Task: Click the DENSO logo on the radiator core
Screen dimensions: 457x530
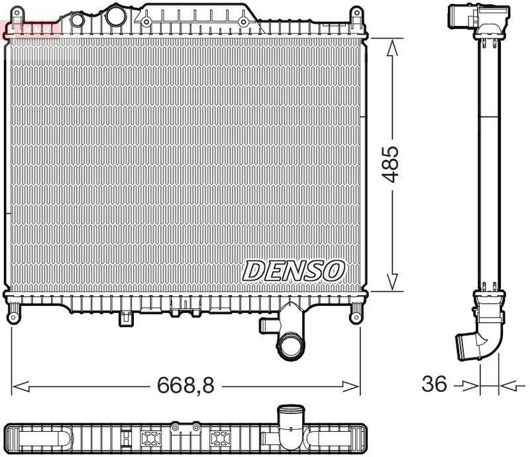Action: [293, 270]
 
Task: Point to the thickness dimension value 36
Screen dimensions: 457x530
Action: [434, 383]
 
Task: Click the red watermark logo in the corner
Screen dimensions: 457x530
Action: [30, 27]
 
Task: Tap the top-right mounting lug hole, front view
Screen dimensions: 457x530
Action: [356, 13]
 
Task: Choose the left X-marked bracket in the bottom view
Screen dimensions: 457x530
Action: [146, 438]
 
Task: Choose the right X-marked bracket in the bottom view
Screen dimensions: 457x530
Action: [219, 438]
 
